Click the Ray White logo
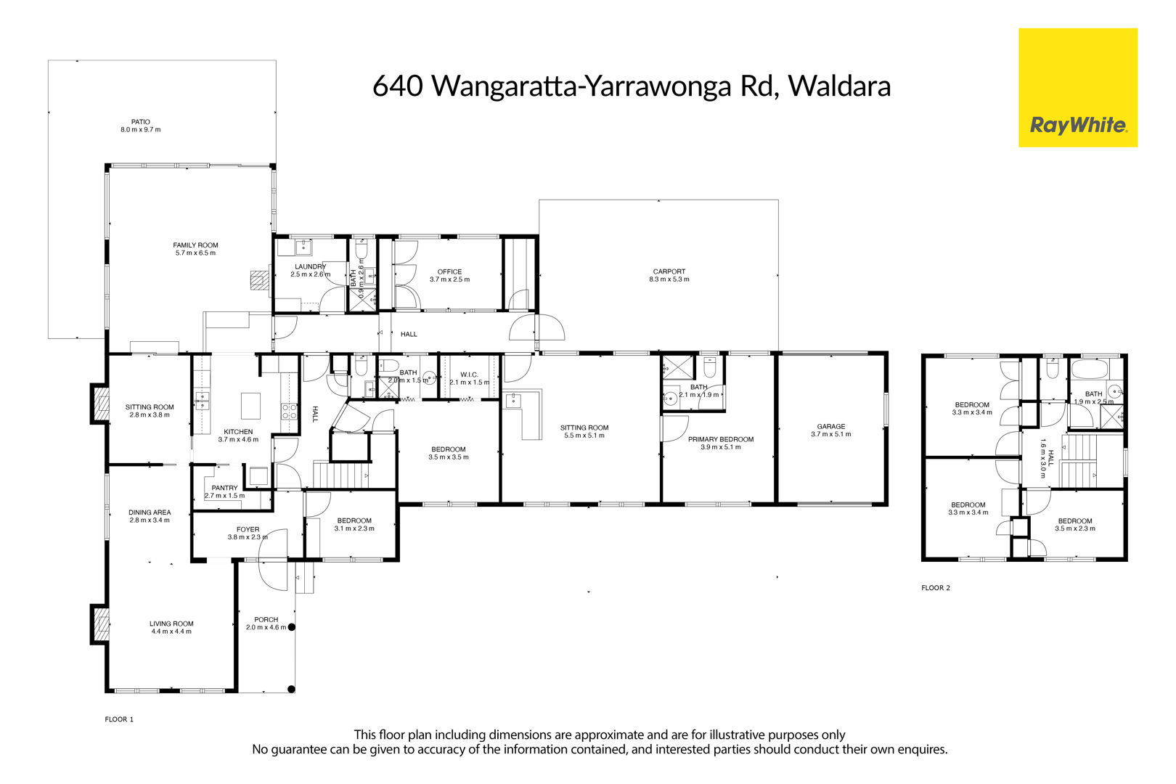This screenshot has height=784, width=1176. (1078, 88)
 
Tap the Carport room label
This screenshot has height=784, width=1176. (669, 271)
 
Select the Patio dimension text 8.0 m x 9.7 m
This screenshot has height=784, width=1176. (141, 130)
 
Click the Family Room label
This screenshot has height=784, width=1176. (195, 245)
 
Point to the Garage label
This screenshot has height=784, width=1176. (831, 426)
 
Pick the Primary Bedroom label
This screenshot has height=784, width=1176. (721, 439)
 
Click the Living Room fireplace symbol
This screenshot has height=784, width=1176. (100, 624)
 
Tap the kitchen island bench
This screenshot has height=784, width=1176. (250, 405)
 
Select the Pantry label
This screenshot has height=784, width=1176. (225, 488)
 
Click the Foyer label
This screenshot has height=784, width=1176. (248, 529)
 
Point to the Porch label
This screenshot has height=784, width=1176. (266, 620)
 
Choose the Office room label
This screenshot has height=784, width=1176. (450, 272)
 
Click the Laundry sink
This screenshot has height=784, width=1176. (303, 247)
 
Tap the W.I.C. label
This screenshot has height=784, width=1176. (469, 375)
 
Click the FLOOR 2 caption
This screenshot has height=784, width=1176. (936, 588)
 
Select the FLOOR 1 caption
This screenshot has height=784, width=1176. (119, 719)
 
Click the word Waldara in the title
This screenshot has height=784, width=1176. (839, 86)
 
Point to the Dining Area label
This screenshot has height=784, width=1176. (150, 513)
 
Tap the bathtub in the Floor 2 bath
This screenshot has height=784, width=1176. (1090, 369)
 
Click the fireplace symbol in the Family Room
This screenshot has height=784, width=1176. (259, 280)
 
